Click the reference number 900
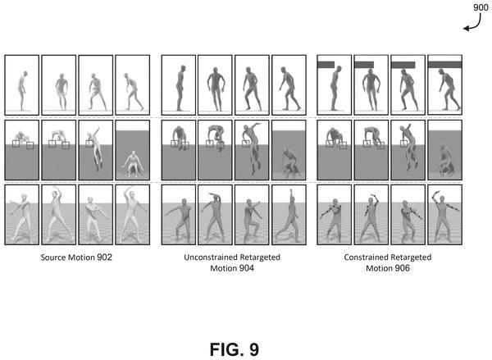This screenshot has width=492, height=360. pyautogui.click(x=481, y=7)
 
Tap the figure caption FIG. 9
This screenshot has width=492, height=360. pyautogui.click(x=234, y=349)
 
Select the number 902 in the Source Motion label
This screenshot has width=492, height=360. pyautogui.click(x=104, y=257)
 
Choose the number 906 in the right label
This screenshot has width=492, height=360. pyautogui.click(x=402, y=268)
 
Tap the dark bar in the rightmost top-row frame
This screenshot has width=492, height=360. pyautogui.click(x=444, y=65)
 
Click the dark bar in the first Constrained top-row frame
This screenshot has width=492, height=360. pyautogui.click(x=326, y=65)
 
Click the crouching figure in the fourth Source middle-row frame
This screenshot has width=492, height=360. pyautogui.click(x=133, y=164)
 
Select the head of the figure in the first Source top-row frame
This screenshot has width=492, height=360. pyautogui.click(x=25, y=74)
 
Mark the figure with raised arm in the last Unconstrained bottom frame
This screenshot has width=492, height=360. pyautogui.click(x=287, y=216)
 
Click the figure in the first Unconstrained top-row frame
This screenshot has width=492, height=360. pyautogui.click(x=180, y=89)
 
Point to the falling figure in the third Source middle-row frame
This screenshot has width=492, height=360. pyautogui.click(x=96, y=149)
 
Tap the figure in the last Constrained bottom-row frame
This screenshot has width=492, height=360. pyautogui.click(x=444, y=216)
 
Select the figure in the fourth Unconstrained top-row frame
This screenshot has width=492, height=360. pyautogui.click(x=289, y=89)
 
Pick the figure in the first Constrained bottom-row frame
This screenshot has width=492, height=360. pyautogui.click(x=333, y=220)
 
